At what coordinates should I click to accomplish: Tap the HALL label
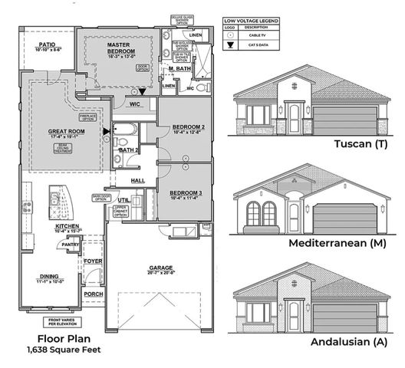pyautogui.click(x=138, y=180)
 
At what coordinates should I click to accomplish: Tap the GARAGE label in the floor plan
pyautogui.click(x=160, y=268)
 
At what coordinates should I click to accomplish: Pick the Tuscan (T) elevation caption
pyautogui.click(x=361, y=144)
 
